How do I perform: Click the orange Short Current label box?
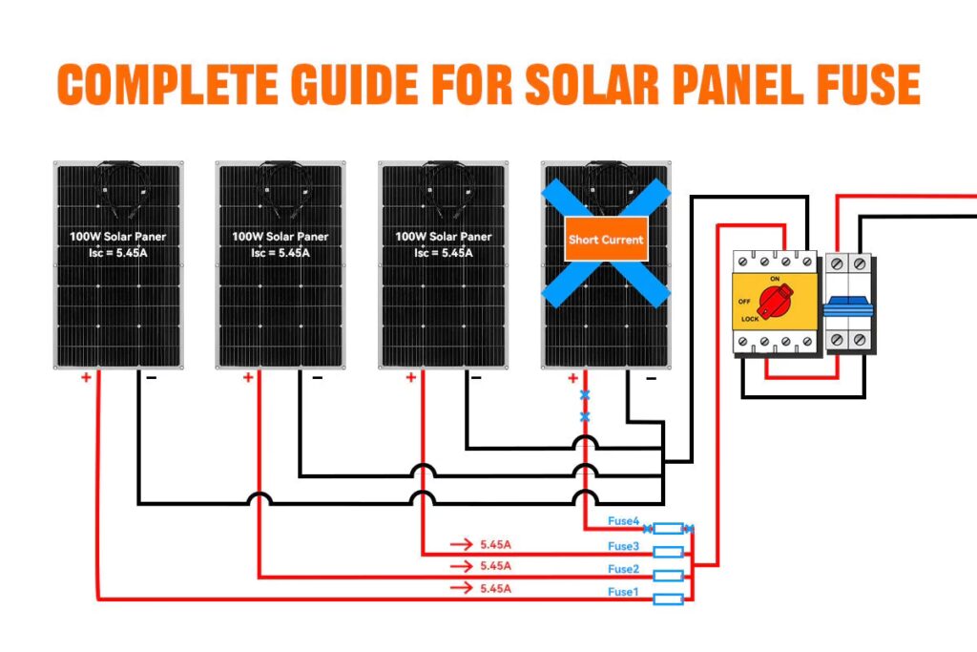point(606,240)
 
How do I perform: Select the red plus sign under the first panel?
point(86,377)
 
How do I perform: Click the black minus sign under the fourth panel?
point(651,378)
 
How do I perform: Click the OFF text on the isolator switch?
point(745,301)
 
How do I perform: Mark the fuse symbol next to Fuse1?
point(668,599)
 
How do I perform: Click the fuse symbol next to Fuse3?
point(668,552)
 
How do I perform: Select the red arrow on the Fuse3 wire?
point(462,545)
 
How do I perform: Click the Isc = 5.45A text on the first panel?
point(118,253)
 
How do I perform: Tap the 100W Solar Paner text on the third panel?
point(444,236)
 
